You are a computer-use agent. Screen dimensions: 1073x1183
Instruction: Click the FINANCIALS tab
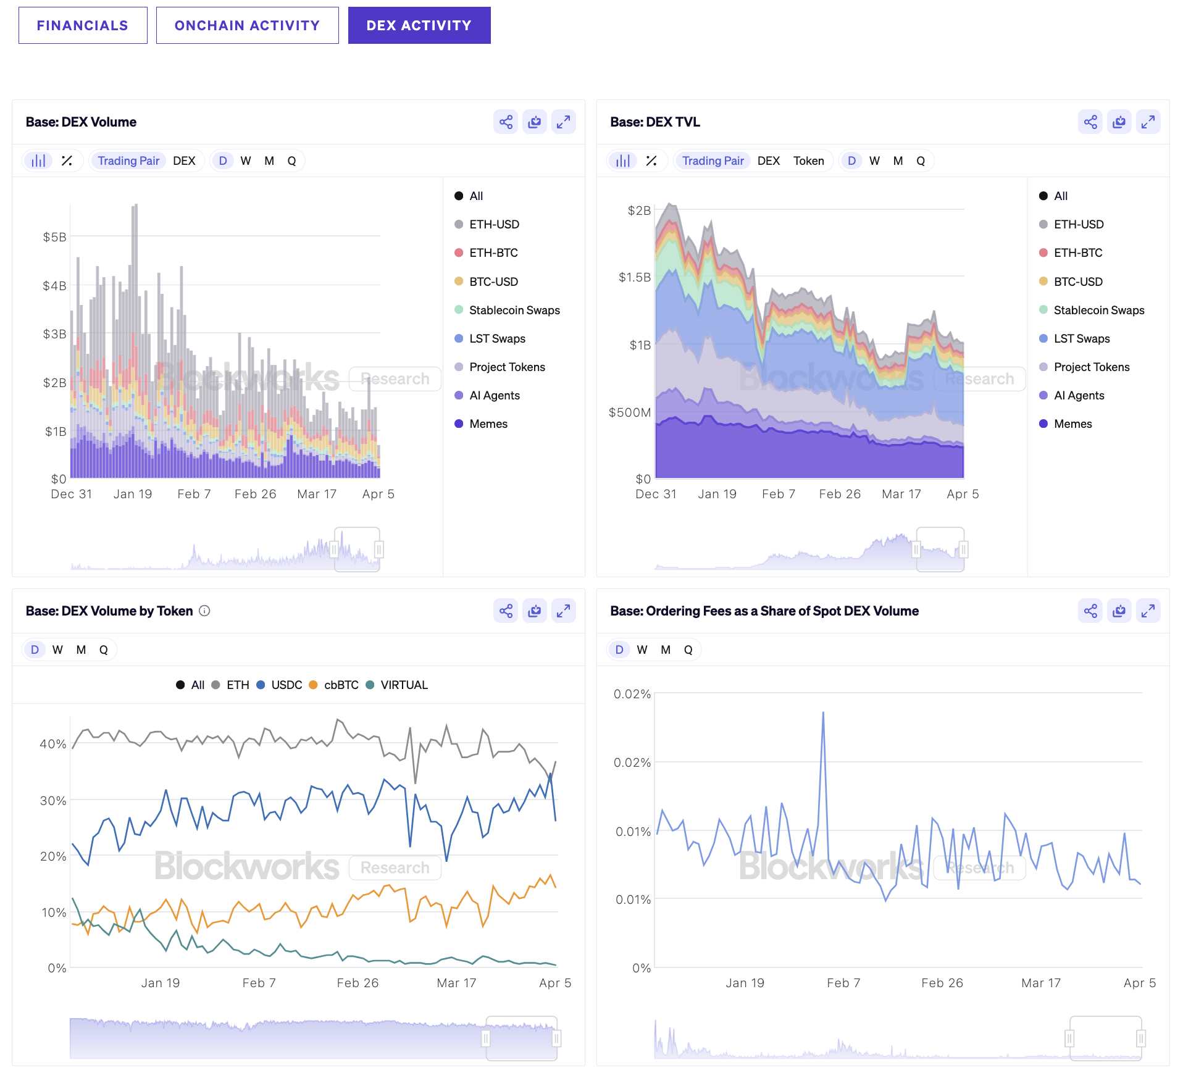[83, 25]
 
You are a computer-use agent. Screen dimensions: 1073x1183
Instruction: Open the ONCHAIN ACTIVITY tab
[247, 25]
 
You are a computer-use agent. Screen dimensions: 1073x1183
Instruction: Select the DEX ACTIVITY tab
[419, 25]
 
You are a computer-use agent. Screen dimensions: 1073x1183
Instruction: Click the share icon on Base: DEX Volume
[506, 122]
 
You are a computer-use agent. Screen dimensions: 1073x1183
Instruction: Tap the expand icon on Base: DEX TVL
[1148, 122]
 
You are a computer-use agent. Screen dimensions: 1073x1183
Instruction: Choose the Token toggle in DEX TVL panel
[808, 161]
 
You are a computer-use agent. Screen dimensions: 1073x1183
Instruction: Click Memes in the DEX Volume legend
[488, 424]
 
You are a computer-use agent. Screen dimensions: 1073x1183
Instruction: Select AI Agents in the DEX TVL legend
[1078, 396]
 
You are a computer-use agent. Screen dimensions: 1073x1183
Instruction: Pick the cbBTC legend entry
[340, 685]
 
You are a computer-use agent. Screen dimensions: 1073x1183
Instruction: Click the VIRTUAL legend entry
[404, 685]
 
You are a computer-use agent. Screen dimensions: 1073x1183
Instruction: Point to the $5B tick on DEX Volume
[54, 237]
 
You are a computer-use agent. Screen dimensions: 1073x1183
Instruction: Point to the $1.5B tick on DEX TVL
[635, 277]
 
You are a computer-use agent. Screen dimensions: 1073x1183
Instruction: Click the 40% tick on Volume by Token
[53, 744]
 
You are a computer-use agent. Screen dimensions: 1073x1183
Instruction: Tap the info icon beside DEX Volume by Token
[205, 611]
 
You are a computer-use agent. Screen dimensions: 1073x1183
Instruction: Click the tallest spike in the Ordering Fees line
[823, 714]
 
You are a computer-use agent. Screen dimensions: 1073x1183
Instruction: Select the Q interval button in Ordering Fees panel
[688, 650]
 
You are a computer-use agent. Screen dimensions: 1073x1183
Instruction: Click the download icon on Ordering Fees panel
[1119, 611]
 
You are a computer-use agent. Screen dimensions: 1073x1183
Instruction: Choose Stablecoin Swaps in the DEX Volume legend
[514, 311]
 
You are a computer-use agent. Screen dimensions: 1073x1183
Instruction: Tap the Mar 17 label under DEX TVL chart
[901, 495]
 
